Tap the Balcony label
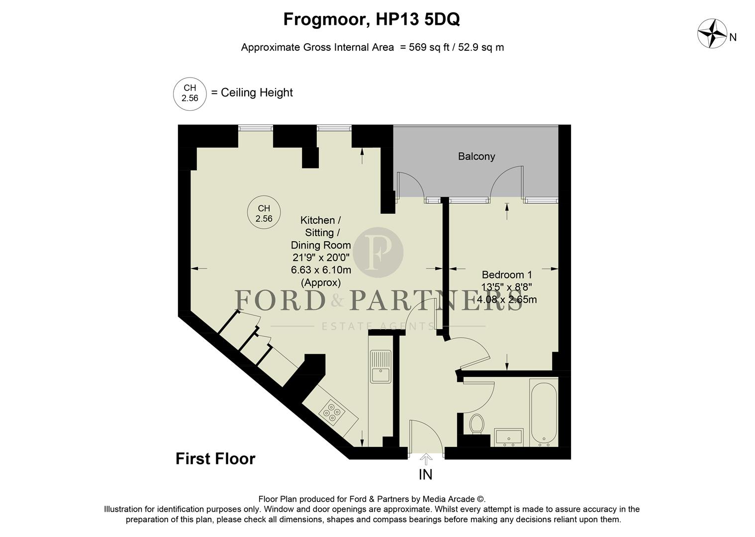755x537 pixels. (x=476, y=157)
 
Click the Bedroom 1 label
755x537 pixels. (x=507, y=274)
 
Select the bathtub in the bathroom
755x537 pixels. (x=543, y=414)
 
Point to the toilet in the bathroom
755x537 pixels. (x=476, y=424)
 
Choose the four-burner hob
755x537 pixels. (x=332, y=412)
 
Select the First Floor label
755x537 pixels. (x=215, y=458)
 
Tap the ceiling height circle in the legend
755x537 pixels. (x=189, y=93)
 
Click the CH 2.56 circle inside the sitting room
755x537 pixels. (x=264, y=213)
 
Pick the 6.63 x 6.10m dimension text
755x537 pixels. (x=321, y=270)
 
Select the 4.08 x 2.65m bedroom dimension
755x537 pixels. (x=507, y=300)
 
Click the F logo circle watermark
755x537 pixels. (x=381, y=252)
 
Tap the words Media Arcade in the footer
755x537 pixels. (x=450, y=499)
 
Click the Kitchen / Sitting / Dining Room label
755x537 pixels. (x=321, y=232)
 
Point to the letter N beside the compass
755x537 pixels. (x=733, y=37)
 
